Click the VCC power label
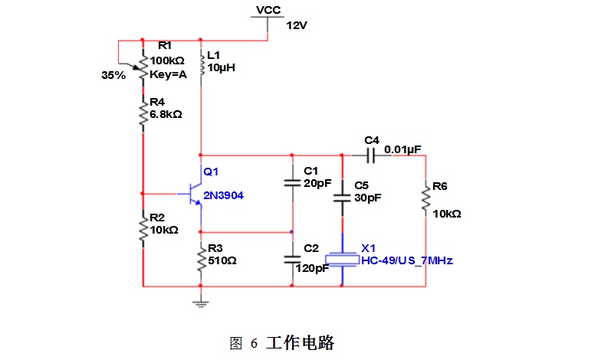pyautogui.click(x=268, y=10)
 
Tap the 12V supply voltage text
pyautogui.click(x=297, y=26)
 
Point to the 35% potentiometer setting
pyautogui.click(x=113, y=75)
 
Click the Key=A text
pyautogui.click(x=168, y=74)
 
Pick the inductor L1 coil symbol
pyautogui.click(x=201, y=63)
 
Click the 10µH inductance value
pyautogui.click(x=221, y=67)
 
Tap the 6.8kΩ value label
pyautogui.click(x=166, y=114)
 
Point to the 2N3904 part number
pyautogui.click(x=223, y=196)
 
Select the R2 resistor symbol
pyautogui.click(x=143, y=229)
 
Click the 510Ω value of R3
pyautogui.click(x=222, y=260)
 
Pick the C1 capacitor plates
pyautogui.click(x=292, y=183)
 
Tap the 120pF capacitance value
pyautogui.click(x=312, y=268)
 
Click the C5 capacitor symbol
pyautogui.click(x=342, y=198)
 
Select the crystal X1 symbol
pyautogui.click(x=342, y=260)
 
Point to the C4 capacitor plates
pyautogui.click(x=371, y=155)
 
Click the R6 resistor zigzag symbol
pyautogui.click(x=426, y=198)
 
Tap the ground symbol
pyautogui.click(x=201, y=304)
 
